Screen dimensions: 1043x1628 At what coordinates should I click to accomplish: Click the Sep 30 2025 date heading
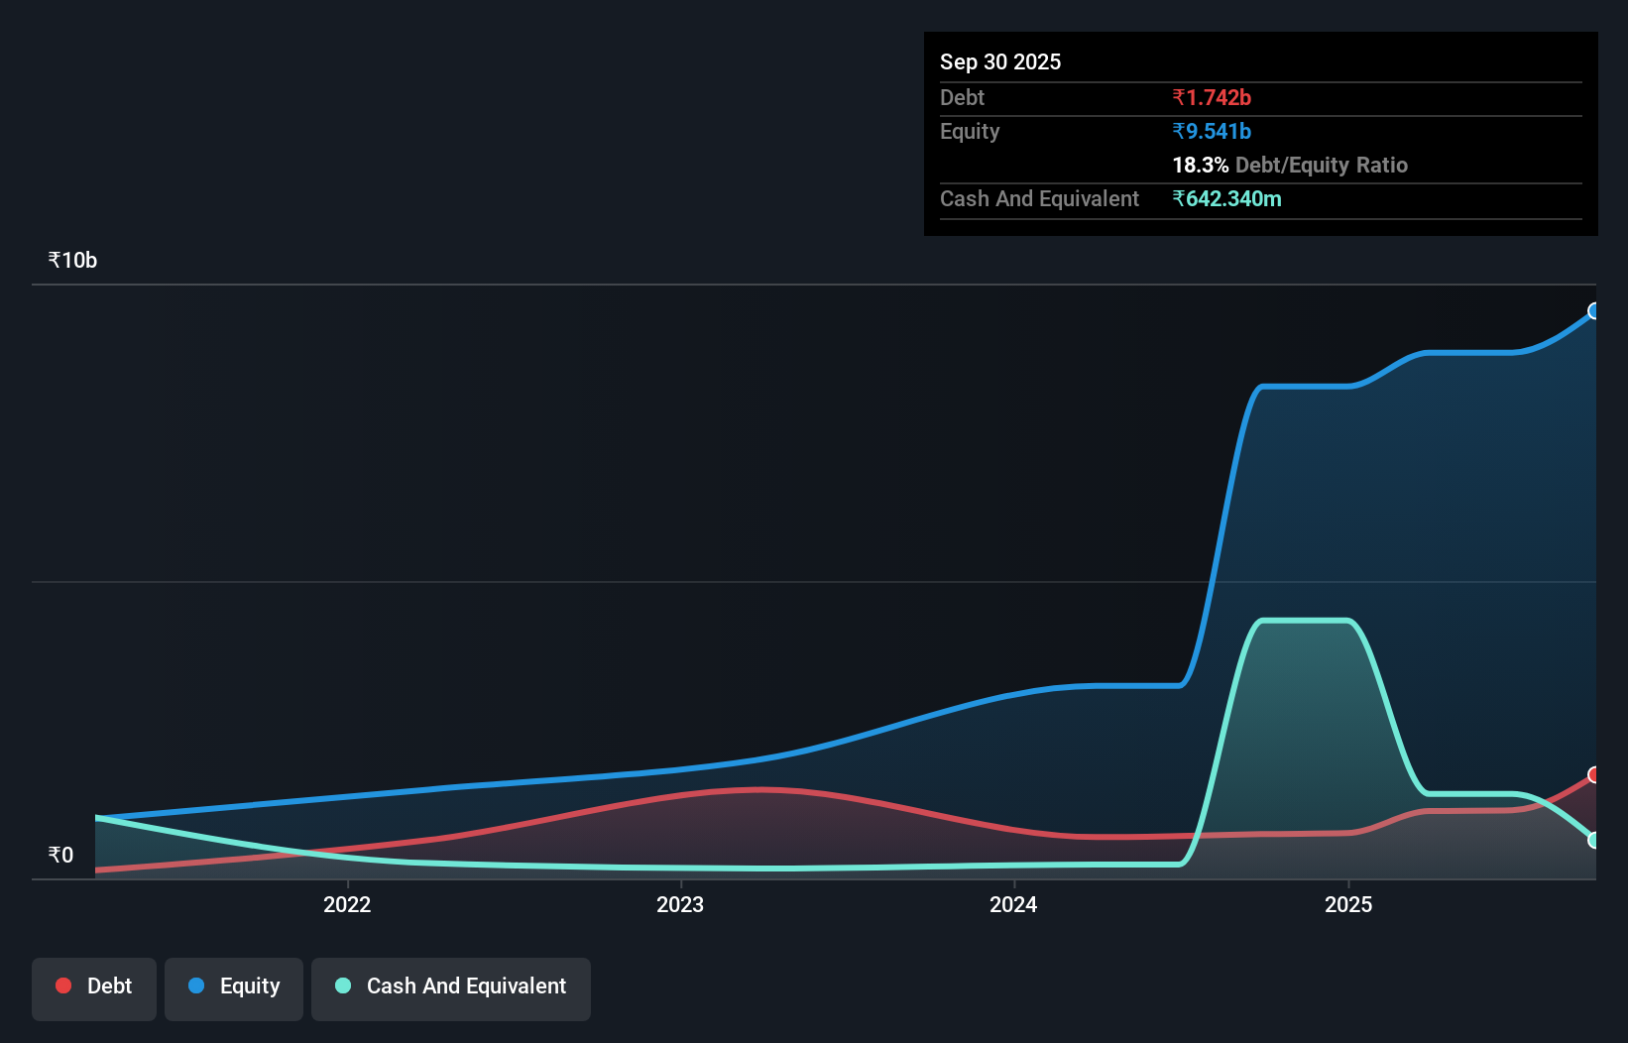click(999, 61)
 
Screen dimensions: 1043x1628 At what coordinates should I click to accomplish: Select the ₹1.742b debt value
click(1211, 97)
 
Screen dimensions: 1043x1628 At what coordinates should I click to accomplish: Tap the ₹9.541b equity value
click(1211, 131)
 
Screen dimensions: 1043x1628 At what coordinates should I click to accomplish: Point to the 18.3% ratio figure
click(1200, 165)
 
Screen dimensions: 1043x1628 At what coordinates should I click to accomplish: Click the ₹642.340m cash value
click(1226, 198)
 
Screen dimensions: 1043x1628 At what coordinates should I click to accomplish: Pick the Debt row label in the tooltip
click(962, 97)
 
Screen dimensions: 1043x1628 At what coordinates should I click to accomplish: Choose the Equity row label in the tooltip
click(970, 131)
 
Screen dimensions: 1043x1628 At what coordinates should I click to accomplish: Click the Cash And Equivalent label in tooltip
click(1039, 198)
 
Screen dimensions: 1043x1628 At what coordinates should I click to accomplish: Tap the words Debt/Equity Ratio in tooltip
click(1321, 165)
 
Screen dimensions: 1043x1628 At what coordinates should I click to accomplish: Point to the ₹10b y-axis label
click(72, 260)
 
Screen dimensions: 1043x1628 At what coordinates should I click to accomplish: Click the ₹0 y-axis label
click(60, 855)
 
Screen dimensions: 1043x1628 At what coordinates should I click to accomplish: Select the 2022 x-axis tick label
click(347, 904)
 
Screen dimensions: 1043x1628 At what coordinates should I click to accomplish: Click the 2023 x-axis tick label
click(680, 904)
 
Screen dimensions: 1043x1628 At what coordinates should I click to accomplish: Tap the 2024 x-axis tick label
click(1013, 904)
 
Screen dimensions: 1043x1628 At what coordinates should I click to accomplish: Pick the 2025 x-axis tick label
click(1348, 904)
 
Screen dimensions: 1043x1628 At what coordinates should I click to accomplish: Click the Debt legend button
click(94, 985)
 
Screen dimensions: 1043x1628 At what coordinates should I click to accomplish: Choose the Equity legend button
click(234, 985)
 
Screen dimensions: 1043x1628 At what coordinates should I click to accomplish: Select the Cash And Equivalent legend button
click(451, 985)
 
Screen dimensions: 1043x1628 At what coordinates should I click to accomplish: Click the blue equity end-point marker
click(1594, 311)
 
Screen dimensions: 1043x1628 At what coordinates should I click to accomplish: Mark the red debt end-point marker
click(1594, 774)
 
